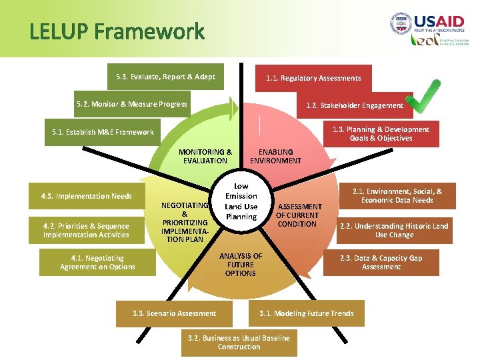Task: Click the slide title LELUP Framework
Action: point(117,31)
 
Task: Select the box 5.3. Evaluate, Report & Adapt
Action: point(165,77)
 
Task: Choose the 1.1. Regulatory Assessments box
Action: point(313,78)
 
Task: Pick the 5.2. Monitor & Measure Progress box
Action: point(131,104)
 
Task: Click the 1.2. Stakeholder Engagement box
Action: point(354,105)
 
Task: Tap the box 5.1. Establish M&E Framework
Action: point(103,132)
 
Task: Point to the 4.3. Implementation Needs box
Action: point(86,196)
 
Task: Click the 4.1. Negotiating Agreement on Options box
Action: point(97,262)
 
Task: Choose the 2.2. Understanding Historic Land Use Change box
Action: point(394,230)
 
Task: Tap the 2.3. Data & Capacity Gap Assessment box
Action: point(381,262)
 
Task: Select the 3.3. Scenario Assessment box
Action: point(174,313)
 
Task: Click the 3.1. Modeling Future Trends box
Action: point(306,313)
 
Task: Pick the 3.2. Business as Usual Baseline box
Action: point(239,342)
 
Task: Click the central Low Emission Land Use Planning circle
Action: point(241,201)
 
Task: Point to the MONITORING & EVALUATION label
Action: point(205,156)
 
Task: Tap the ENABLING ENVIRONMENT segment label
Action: point(275,156)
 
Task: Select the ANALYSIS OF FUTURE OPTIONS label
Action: point(240,265)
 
